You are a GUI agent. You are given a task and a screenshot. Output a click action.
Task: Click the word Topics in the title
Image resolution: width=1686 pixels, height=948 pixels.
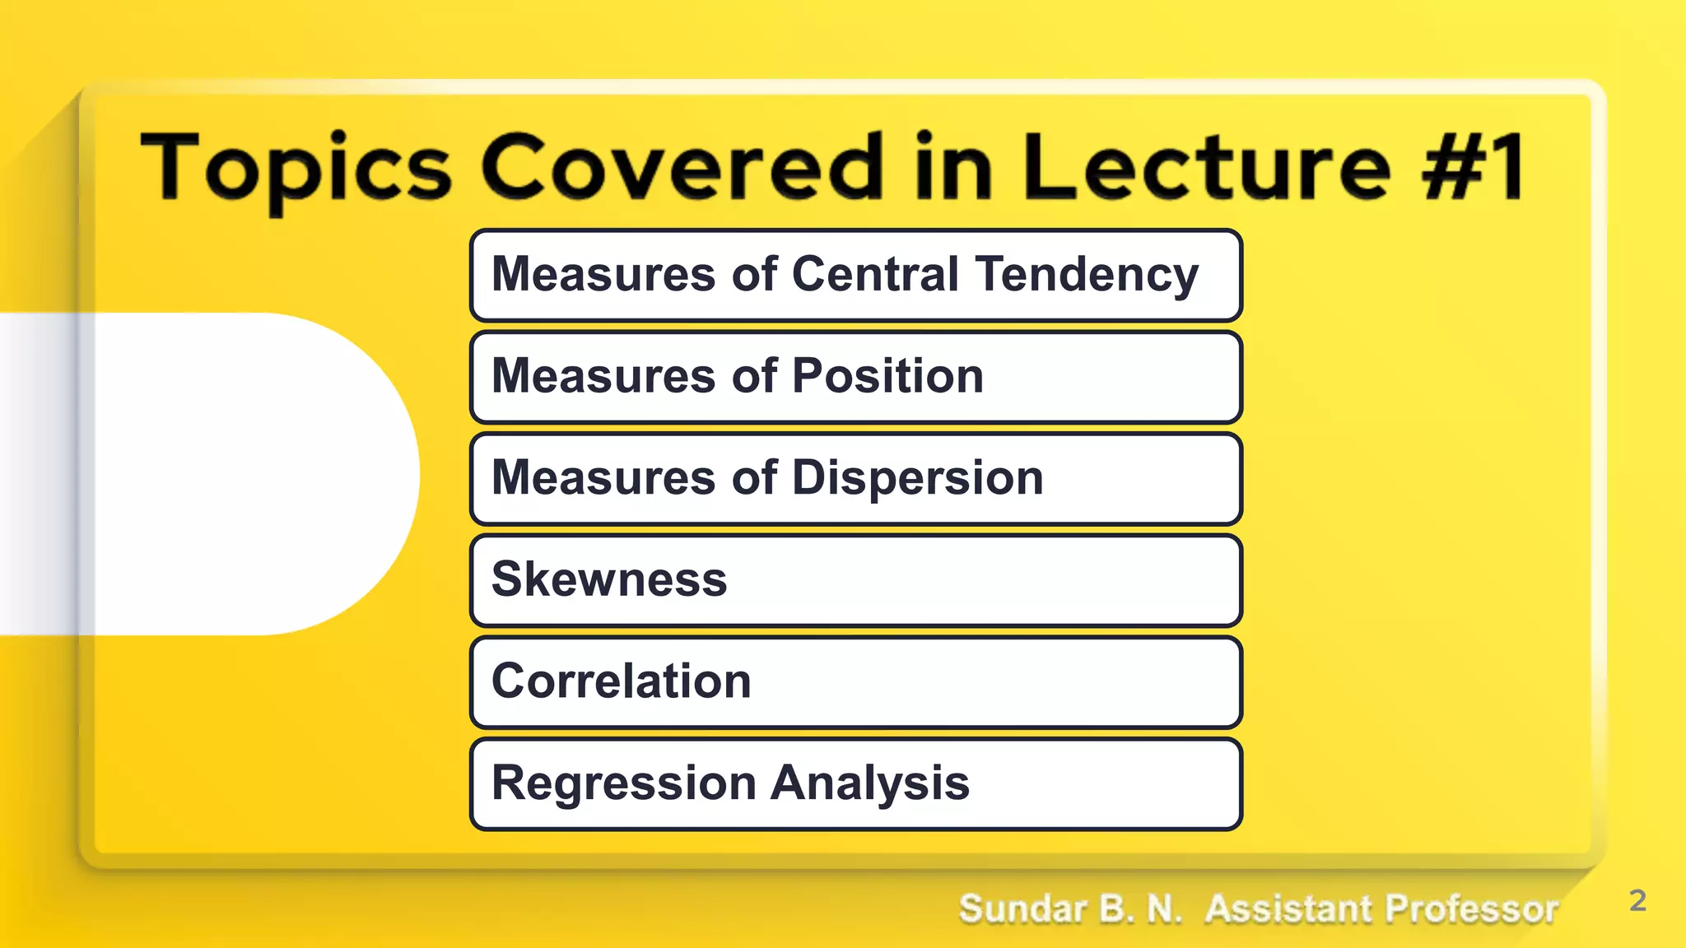tap(296, 169)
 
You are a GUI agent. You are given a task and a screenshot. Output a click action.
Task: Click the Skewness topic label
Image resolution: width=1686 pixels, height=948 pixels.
tap(609, 579)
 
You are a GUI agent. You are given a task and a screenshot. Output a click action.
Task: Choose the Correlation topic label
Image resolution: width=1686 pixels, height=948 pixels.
tap(622, 681)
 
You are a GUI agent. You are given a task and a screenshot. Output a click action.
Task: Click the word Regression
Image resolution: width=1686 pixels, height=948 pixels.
tap(623, 783)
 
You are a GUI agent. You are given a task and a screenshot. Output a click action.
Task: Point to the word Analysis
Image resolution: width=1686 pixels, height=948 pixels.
tap(870, 783)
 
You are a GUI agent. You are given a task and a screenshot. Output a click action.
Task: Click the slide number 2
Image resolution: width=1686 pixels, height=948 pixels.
tap(1637, 900)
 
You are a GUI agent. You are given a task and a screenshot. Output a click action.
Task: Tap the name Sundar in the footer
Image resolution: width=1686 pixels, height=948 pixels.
tap(1022, 909)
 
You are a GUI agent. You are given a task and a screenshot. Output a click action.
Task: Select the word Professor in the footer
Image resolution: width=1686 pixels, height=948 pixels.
tap(1471, 909)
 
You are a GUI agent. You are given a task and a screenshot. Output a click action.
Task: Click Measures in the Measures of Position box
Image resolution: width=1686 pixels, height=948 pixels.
tap(603, 377)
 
